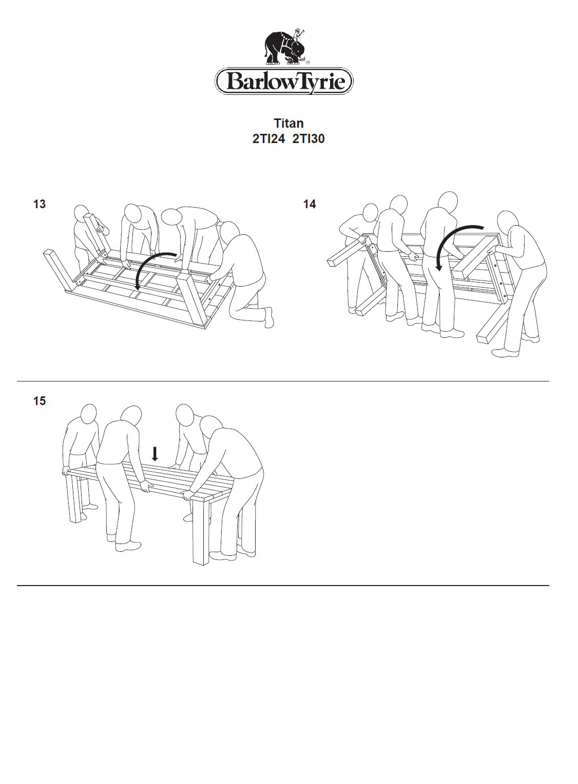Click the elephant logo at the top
click(x=285, y=48)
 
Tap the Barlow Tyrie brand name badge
click(x=284, y=82)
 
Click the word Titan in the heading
click(x=288, y=124)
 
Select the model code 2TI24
click(x=268, y=139)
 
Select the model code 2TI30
click(x=309, y=139)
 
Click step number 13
click(x=40, y=204)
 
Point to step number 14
click(x=310, y=204)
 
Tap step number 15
click(x=40, y=401)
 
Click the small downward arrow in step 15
click(x=155, y=454)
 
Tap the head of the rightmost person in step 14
click(x=508, y=221)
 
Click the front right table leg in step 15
click(x=202, y=533)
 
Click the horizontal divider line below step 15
click(x=283, y=585)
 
